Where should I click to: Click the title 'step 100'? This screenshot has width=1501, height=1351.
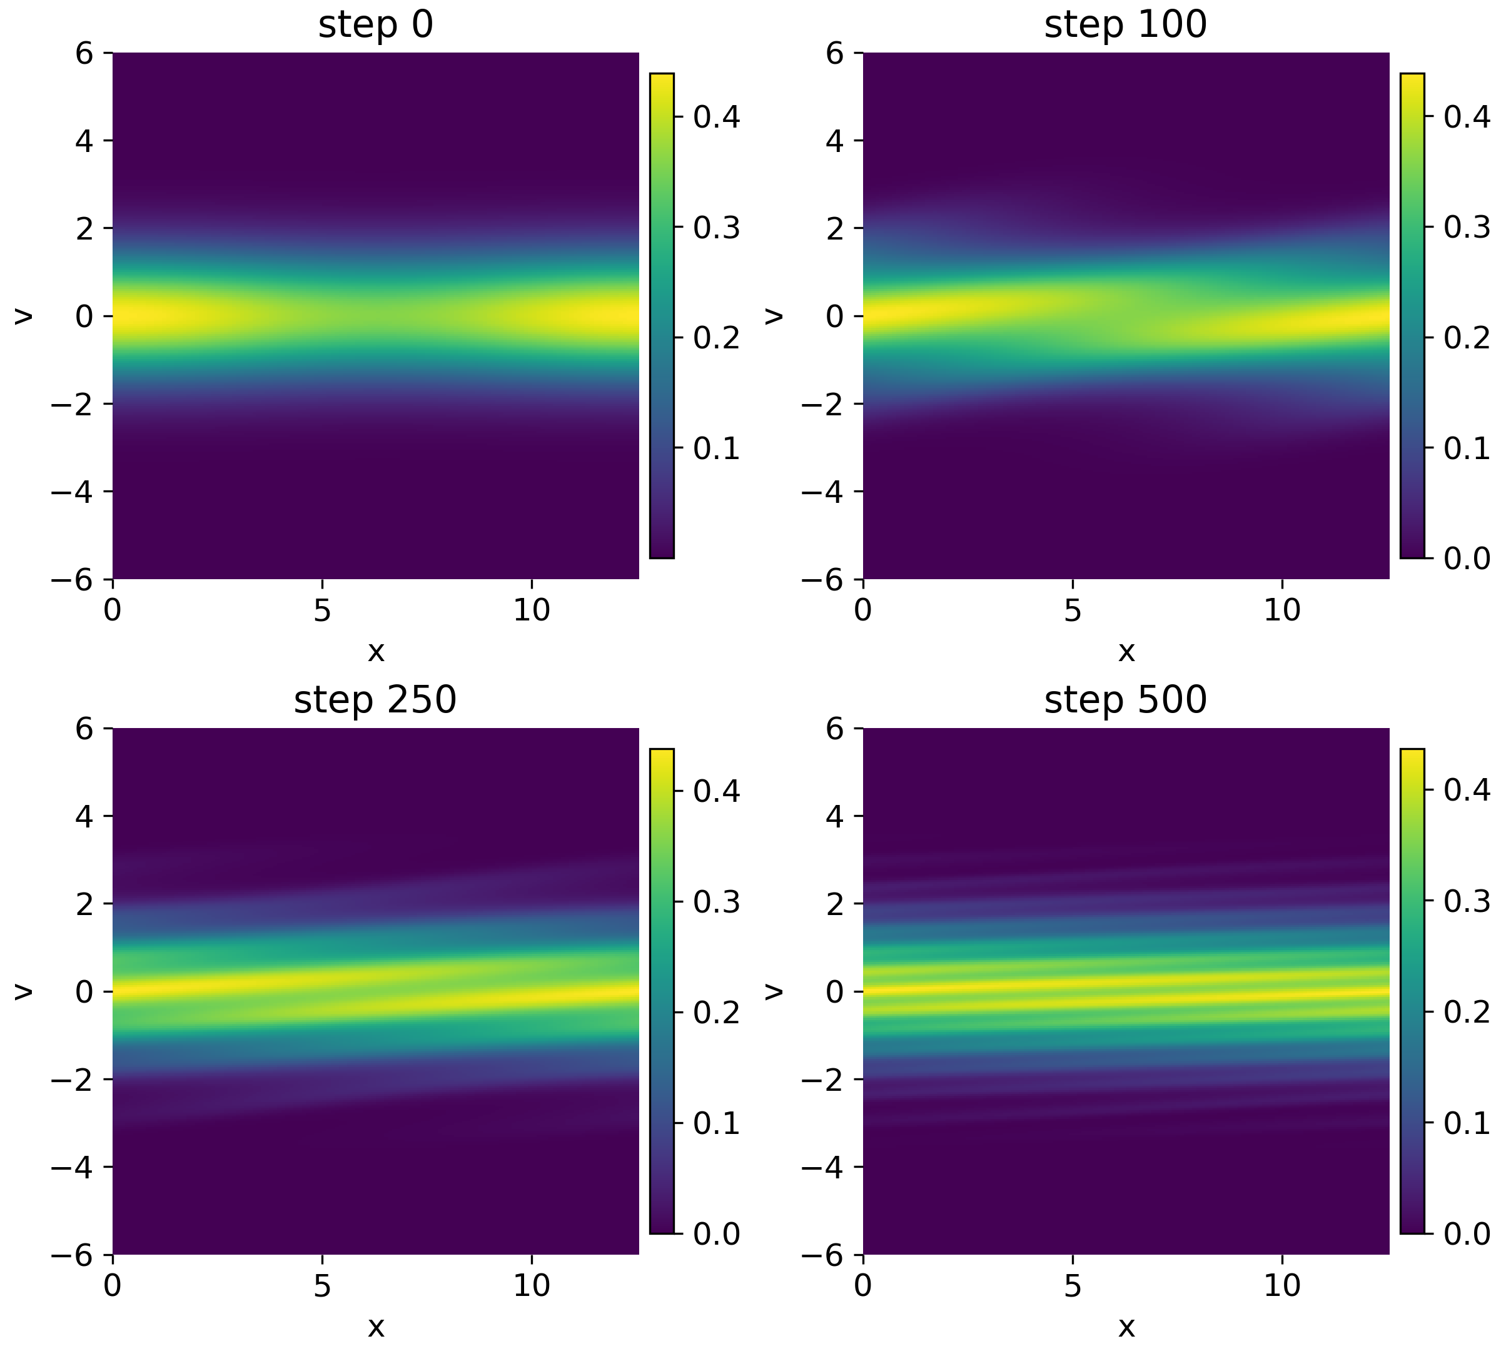1125,24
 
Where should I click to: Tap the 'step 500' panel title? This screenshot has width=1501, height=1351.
1125,700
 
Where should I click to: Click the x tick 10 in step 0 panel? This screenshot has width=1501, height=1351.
532,610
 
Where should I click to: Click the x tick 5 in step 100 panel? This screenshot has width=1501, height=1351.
1072,610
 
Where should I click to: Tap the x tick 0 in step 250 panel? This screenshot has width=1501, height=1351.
113,1286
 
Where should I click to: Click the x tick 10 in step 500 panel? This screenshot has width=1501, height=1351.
1282,1286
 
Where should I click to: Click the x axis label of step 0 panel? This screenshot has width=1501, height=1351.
376,652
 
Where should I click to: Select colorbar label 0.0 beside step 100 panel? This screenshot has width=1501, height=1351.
1467,558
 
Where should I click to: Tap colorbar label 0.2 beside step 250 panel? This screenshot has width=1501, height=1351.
716,1013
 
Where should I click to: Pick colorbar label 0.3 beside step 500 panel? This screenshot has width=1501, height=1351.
1467,903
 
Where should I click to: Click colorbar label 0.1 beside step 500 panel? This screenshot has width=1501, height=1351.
1467,1124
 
